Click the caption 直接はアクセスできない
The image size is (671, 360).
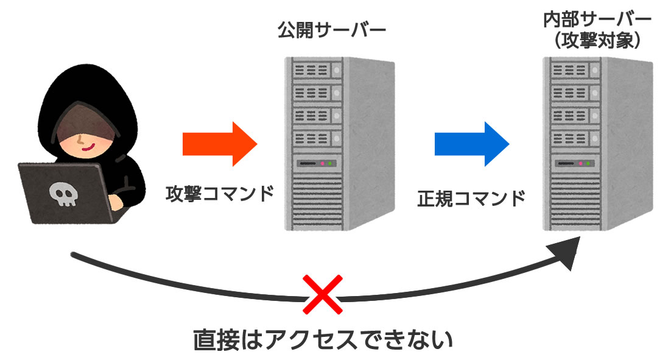click(323, 339)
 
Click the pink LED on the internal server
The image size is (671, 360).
click(580, 164)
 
